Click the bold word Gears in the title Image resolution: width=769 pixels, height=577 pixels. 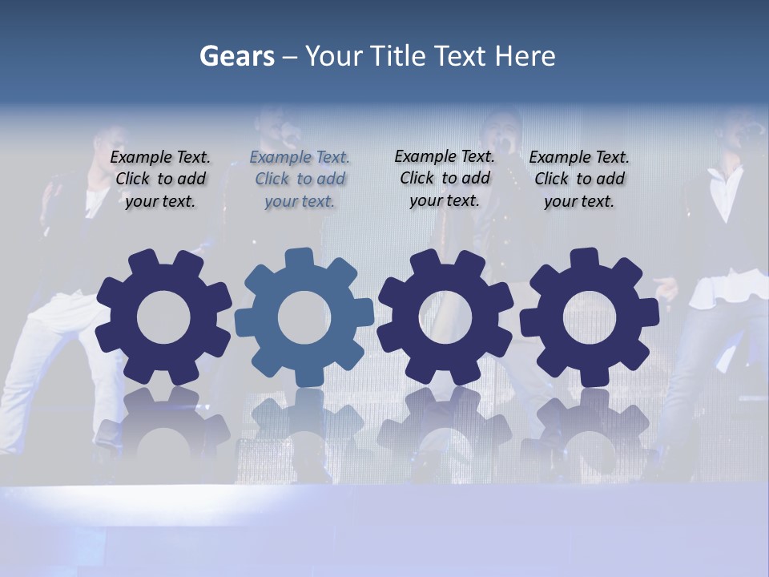point(236,56)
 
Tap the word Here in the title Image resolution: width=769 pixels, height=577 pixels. point(525,56)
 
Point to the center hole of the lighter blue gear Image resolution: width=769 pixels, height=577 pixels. point(304,317)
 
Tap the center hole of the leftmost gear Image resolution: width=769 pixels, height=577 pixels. point(163,317)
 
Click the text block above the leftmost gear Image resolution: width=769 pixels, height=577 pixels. point(160,179)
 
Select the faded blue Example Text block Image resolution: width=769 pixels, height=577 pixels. point(300,179)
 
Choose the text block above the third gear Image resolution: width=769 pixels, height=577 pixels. point(445,178)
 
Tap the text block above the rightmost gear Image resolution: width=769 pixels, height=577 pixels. point(579,179)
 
